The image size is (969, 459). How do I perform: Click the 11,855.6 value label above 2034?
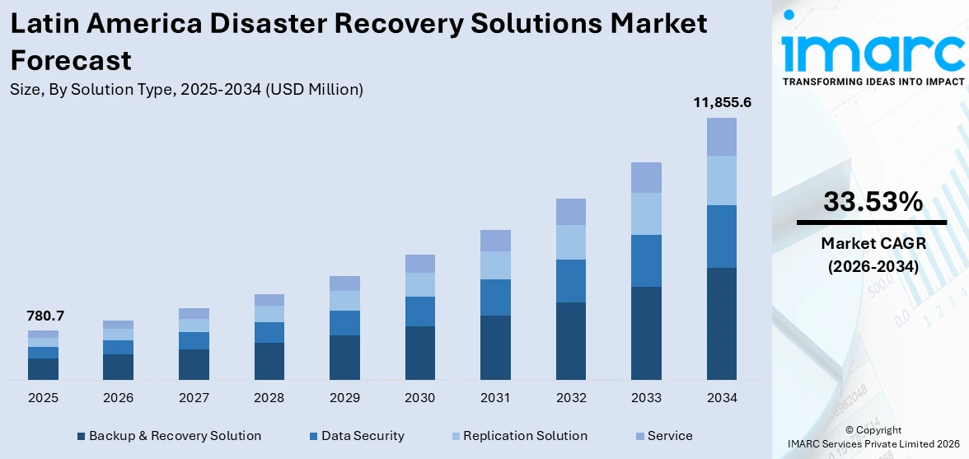[722, 103]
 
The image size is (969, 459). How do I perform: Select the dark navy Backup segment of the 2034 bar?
[722, 323]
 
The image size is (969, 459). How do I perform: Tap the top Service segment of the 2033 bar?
[646, 177]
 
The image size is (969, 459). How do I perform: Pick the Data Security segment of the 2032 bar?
[571, 281]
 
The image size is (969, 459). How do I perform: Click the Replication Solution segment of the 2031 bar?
[495, 265]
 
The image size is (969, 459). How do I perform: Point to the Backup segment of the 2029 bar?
[344, 357]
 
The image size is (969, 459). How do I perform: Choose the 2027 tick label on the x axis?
[194, 398]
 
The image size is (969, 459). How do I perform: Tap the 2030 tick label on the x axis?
[420, 398]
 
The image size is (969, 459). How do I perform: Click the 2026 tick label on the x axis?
[119, 398]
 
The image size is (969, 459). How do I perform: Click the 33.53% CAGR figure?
[873, 201]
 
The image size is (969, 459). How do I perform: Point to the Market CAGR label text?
[873, 244]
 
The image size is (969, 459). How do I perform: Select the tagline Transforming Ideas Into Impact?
[873, 82]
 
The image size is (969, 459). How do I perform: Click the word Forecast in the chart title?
[71, 60]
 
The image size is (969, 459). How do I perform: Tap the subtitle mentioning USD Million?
[186, 89]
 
